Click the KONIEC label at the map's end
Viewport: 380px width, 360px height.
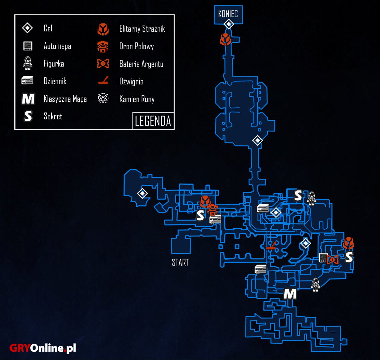tap(228, 14)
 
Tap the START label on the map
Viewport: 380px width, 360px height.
tap(180, 262)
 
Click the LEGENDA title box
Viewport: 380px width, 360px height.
tap(153, 121)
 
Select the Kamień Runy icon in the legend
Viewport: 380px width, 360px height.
tap(103, 99)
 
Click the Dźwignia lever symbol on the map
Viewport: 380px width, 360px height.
tap(272, 246)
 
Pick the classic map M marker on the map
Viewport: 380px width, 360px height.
tap(290, 294)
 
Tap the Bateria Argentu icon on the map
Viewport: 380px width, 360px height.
tap(332, 260)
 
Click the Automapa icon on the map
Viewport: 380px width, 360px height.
tap(323, 257)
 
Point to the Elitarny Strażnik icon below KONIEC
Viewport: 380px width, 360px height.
tap(225, 40)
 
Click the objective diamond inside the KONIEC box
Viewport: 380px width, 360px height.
tap(229, 24)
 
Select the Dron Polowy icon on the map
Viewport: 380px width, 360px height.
tap(212, 209)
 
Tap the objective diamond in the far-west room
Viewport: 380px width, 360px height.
tap(142, 193)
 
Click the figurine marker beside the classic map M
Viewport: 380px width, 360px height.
tap(315, 285)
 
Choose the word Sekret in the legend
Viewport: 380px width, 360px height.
tap(53, 116)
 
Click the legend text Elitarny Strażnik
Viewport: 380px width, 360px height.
tap(142, 29)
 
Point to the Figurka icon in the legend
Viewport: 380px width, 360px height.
tap(28, 63)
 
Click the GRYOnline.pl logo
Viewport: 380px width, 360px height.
tap(42, 348)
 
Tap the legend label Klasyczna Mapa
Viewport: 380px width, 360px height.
tap(65, 99)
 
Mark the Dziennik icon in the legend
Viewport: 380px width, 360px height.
tap(27, 80)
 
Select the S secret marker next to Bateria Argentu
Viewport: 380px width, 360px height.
tap(349, 257)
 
